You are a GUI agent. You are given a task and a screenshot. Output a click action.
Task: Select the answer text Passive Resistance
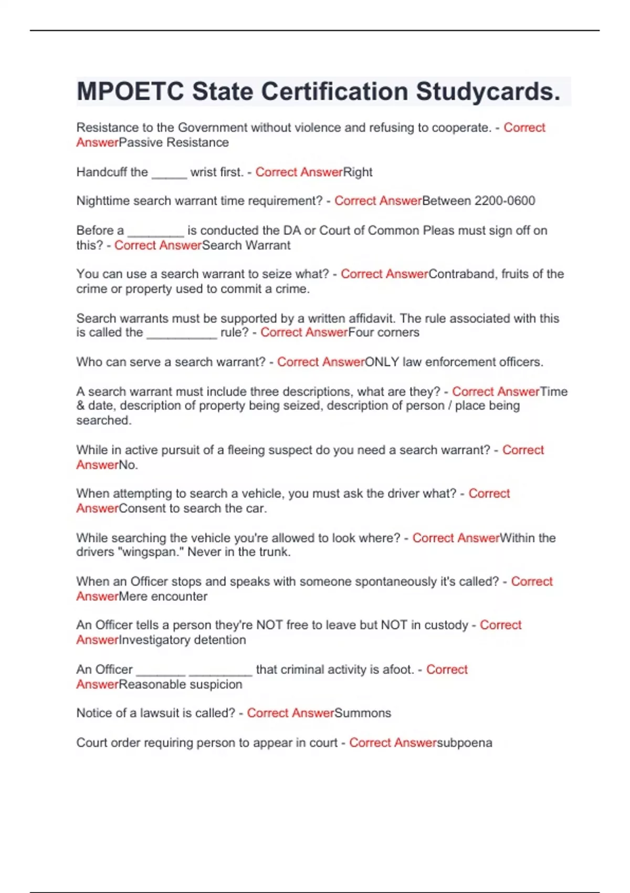pyautogui.click(x=174, y=142)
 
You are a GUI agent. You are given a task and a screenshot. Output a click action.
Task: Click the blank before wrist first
pyautogui.click(x=169, y=173)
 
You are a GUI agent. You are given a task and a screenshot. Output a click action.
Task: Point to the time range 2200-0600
pyautogui.click(x=505, y=201)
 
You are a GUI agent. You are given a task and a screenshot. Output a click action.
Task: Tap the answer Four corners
pyautogui.click(x=384, y=333)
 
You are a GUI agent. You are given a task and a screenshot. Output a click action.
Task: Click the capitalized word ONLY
pyautogui.click(x=382, y=362)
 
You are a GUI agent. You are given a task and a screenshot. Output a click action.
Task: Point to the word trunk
pyautogui.click(x=273, y=552)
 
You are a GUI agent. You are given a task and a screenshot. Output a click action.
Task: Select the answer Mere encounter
pyautogui.click(x=163, y=596)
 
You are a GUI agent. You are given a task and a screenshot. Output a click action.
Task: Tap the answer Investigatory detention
pyautogui.click(x=183, y=640)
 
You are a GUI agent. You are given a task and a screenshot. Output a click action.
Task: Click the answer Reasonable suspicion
pyautogui.click(x=181, y=684)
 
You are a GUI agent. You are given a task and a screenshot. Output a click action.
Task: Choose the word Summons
pyautogui.click(x=363, y=713)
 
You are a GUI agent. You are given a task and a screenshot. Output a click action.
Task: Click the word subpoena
pyautogui.click(x=465, y=743)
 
